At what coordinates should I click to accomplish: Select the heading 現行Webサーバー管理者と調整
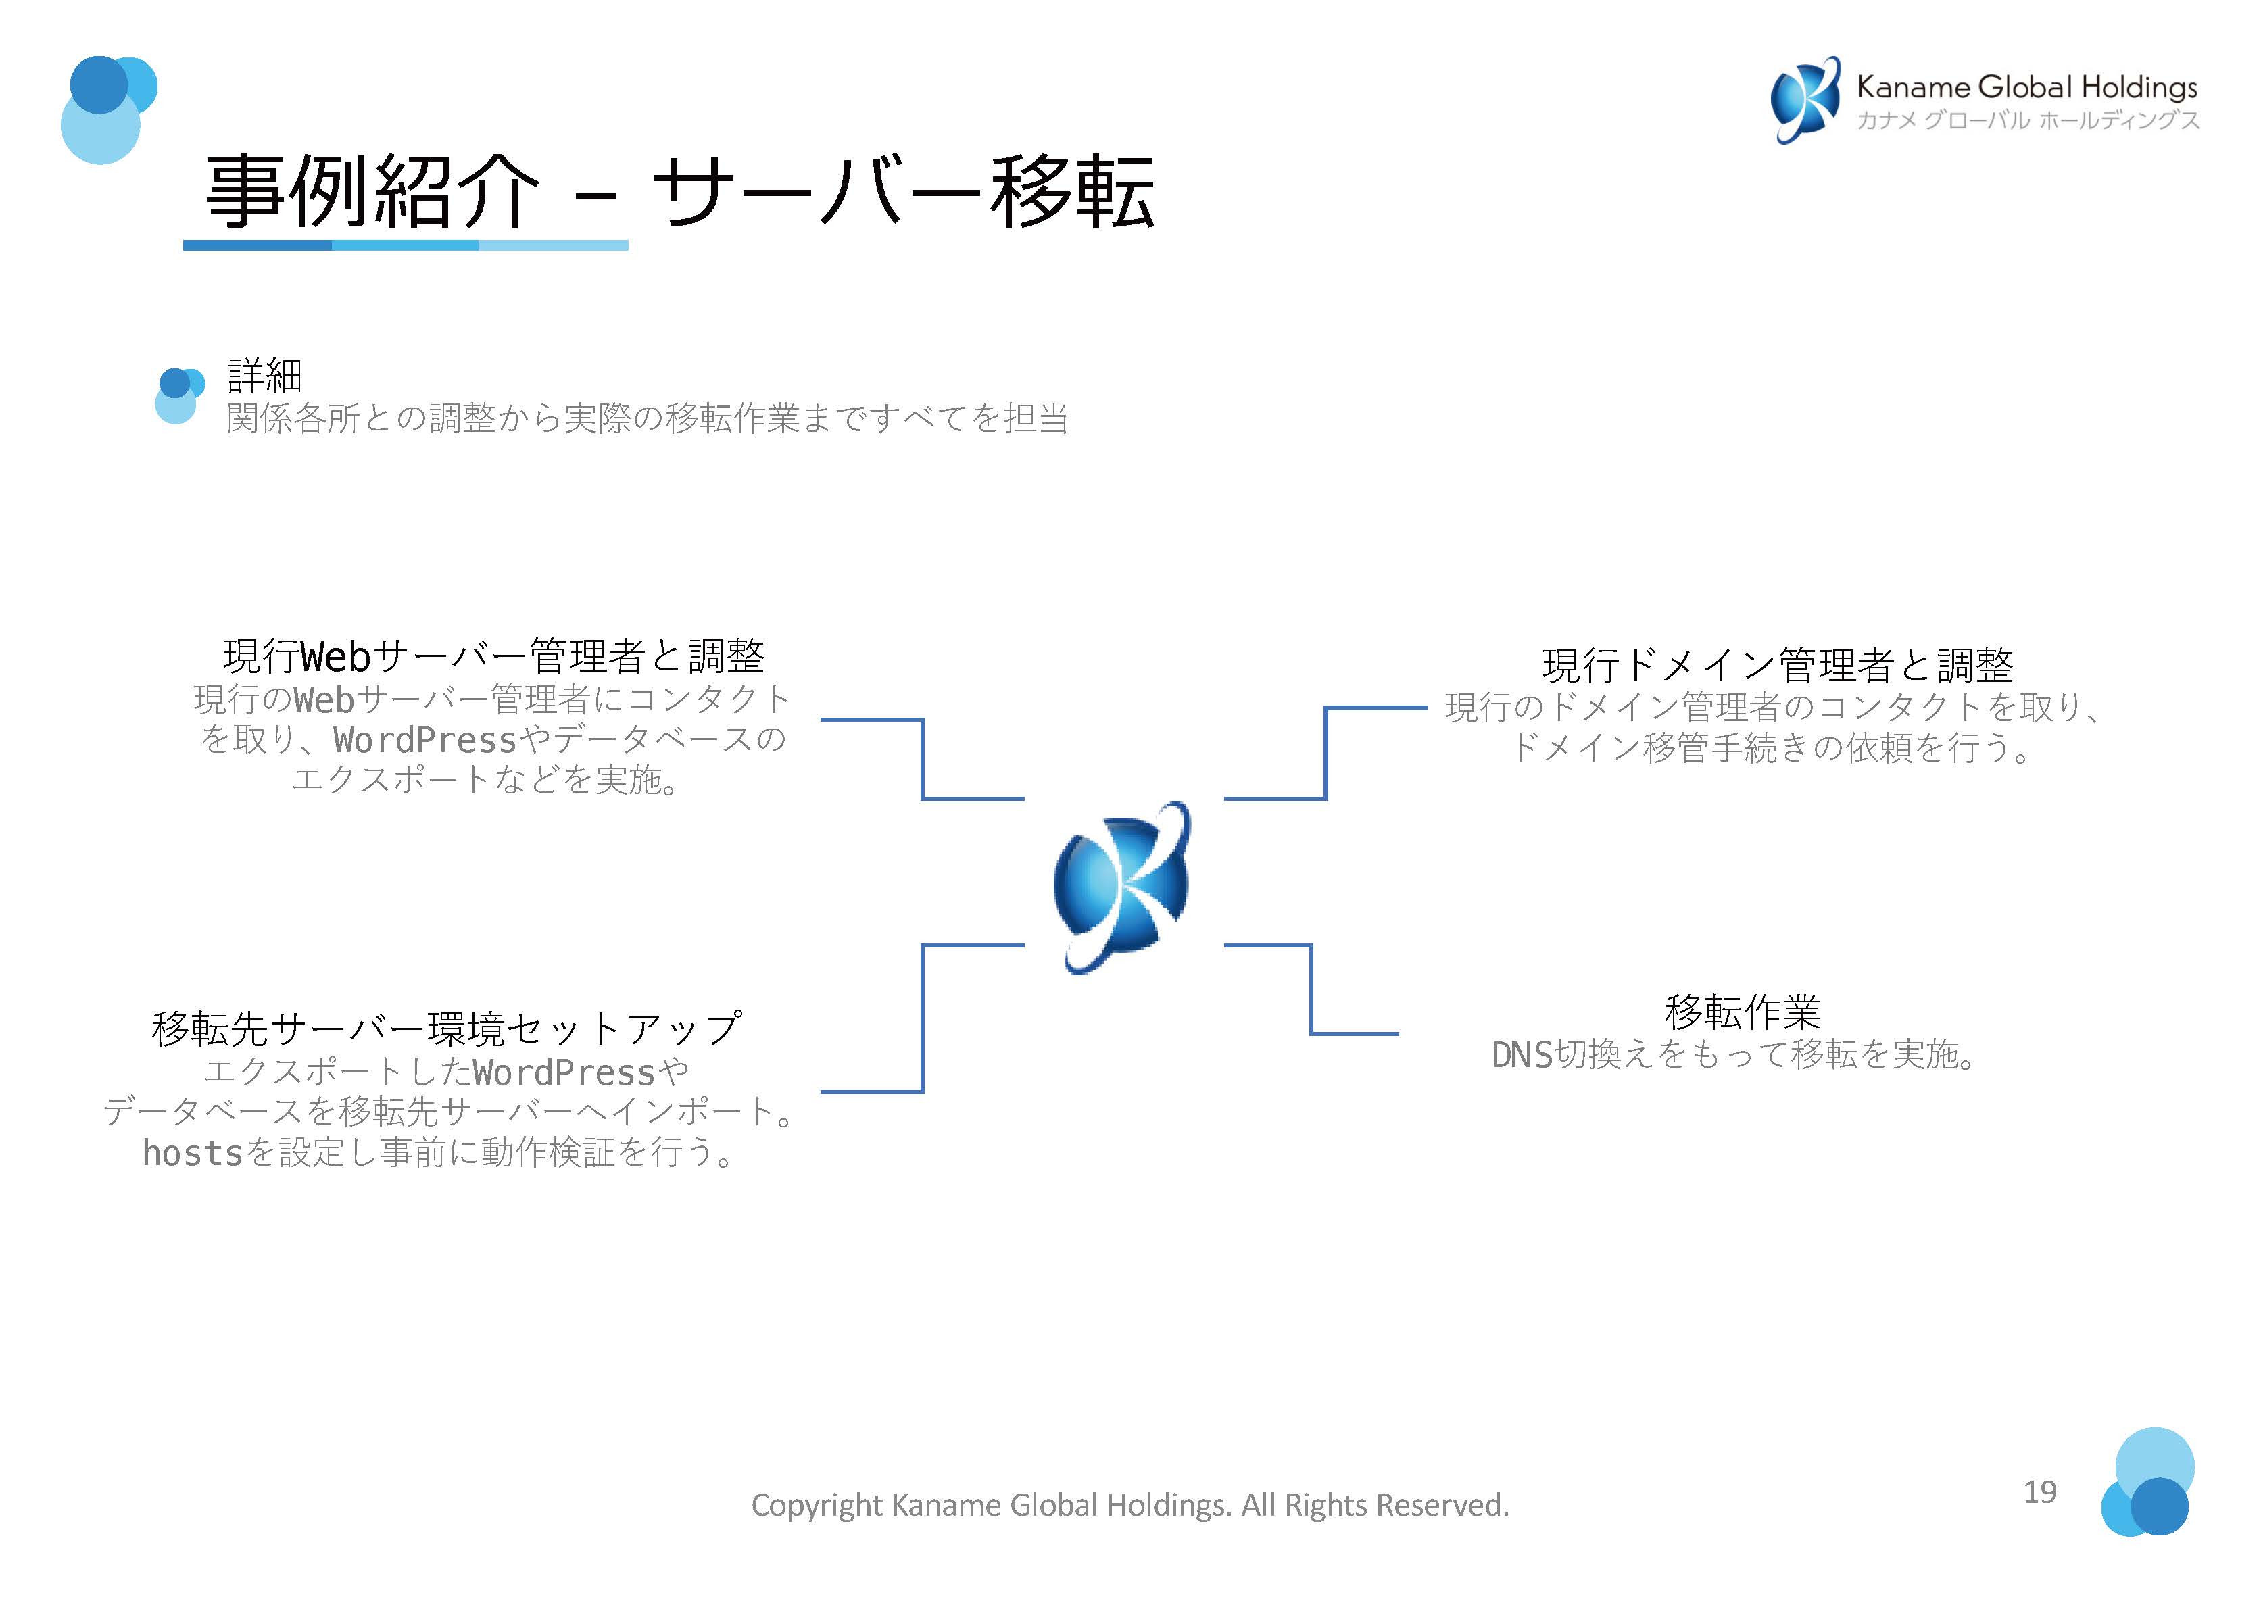pos(493,656)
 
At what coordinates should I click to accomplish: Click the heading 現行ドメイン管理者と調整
pos(1777,665)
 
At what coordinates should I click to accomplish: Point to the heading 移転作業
pos(1742,1011)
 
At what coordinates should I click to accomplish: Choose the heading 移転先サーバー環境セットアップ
pos(446,1029)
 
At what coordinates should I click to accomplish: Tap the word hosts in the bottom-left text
pos(193,1153)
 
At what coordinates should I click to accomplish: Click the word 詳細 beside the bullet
pos(264,375)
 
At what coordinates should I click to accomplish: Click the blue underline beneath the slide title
pos(405,245)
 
